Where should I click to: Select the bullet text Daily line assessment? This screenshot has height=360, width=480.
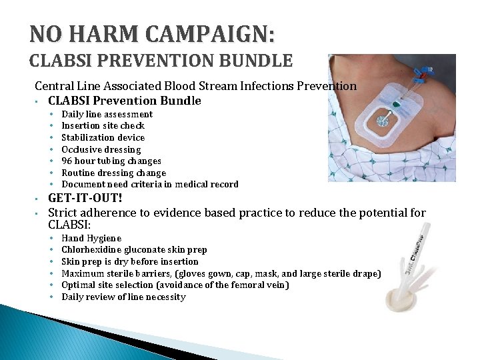pos(107,114)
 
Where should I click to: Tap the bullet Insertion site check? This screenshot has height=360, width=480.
pos(103,125)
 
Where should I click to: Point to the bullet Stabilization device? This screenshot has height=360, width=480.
pos(103,137)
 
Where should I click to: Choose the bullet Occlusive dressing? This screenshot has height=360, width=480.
pos(101,149)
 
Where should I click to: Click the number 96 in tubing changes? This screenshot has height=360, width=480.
pos(67,161)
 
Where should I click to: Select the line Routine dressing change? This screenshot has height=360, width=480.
pos(113,173)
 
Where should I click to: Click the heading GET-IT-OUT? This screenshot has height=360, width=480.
pos(85,199)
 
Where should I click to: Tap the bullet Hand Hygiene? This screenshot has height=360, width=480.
pos(91,238)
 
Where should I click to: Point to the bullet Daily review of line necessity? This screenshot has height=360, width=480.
pos(123,297)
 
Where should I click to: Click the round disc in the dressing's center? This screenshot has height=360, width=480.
pos(382,121)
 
